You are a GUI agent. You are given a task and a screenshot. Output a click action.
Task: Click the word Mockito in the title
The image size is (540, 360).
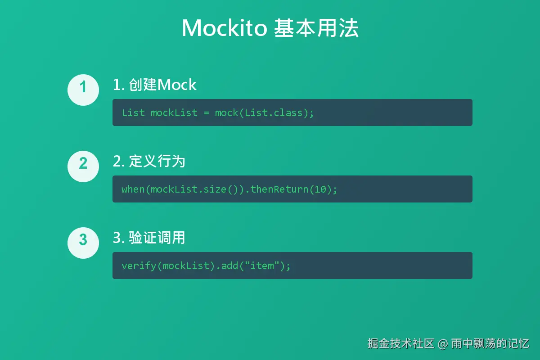[225, 28]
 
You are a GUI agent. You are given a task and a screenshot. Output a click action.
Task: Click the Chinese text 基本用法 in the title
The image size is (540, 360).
[316, 28]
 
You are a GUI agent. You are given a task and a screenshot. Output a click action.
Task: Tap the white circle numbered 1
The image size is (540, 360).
[83, 90]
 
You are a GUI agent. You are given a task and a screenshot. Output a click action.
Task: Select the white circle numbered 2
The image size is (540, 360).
[83, 166]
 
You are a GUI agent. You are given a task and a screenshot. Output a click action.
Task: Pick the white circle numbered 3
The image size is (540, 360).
[83, 243]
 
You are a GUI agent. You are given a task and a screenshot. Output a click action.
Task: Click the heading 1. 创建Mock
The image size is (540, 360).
[154, 85]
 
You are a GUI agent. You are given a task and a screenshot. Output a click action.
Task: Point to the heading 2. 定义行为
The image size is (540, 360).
[149, 161]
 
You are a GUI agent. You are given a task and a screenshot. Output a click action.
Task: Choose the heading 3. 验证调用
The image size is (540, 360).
[149, 238]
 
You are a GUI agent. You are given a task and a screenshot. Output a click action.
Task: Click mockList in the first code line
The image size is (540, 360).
[174, 113]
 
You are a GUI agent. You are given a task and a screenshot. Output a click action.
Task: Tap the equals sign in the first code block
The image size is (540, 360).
[207, 113]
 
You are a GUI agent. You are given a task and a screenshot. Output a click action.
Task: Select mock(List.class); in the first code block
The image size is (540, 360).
[264, 113]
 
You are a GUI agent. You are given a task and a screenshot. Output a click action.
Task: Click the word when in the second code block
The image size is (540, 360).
[133, 189]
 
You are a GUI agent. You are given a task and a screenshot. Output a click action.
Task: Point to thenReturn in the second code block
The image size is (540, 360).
[279, 189]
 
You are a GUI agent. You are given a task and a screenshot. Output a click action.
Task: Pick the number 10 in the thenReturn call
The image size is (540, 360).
[320, 189]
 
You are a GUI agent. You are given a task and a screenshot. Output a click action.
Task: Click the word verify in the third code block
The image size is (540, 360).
[139, 266]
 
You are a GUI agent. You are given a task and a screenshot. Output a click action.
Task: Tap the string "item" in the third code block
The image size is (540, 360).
[262, 265]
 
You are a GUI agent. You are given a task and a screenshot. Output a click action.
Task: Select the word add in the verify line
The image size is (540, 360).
[230, 265]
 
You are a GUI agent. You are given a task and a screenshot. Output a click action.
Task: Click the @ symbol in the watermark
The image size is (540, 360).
[443, 344]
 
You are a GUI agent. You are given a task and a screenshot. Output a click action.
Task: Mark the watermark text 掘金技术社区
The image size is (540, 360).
[400, 343]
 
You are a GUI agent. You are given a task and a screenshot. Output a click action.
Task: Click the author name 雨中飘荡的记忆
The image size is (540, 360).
[490, 343]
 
